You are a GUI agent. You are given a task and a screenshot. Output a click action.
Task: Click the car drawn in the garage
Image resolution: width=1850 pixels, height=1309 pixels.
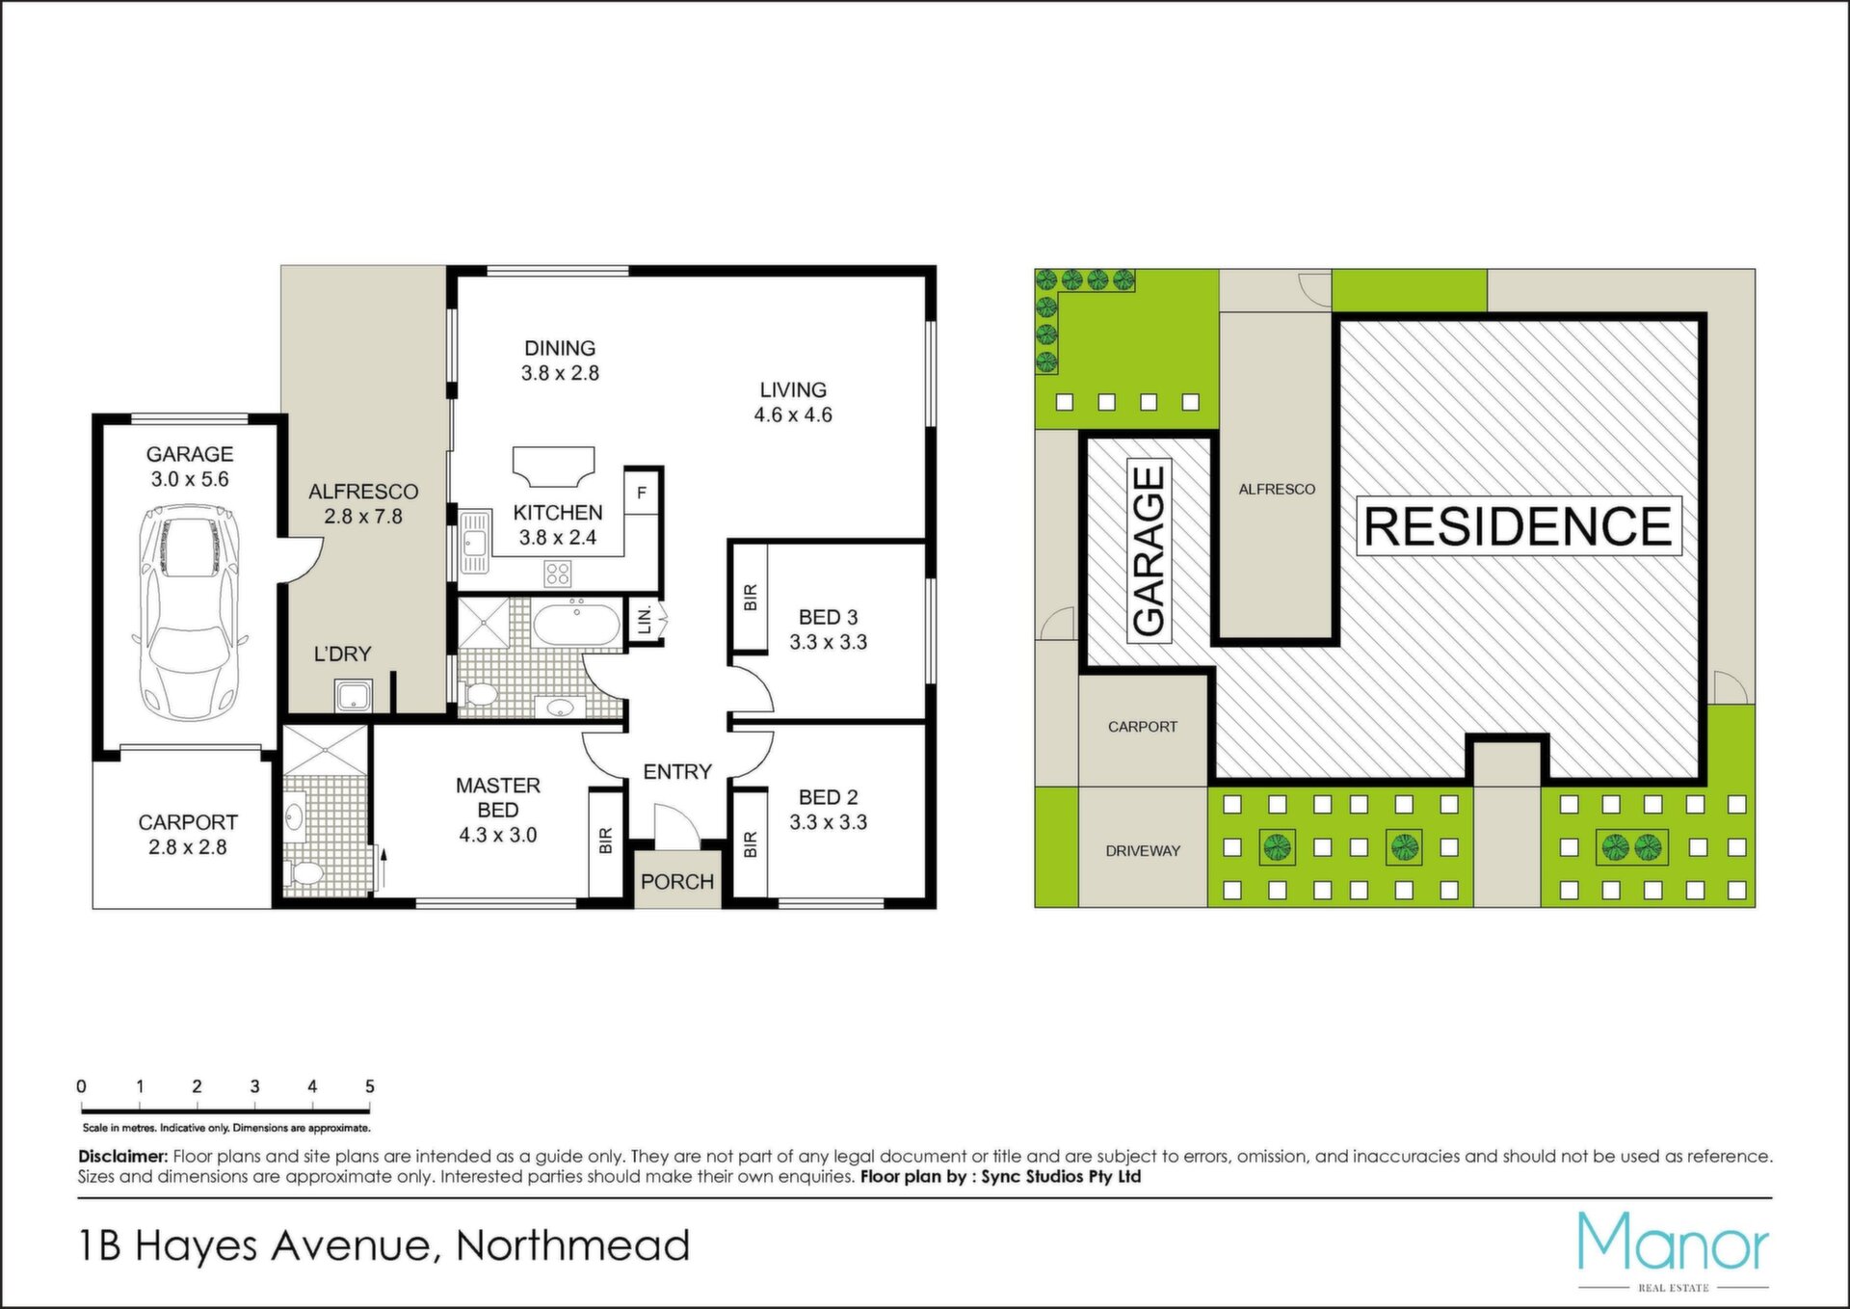pyautogui.click(x=190, y=613)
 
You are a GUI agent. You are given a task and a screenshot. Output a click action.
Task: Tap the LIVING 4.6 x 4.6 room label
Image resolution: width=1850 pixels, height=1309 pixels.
pyautogui.click(x=793, y=402)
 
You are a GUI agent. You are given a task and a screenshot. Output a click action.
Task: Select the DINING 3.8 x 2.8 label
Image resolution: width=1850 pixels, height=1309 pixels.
pyautogui.click(x=560, y=361)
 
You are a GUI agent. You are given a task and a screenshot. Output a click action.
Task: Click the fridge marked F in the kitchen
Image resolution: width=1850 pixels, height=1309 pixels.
pyautogui.click(x=642, y=493)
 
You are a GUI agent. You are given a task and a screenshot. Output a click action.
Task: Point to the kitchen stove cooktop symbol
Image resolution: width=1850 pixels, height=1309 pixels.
pyautogui.click(x=558, y=574)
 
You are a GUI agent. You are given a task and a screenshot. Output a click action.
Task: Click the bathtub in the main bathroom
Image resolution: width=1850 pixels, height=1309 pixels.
pyautogui.click(x=577, y=625)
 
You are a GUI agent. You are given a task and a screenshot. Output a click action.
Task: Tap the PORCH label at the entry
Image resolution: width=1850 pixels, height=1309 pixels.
pyautogui.click(x=677, y=882)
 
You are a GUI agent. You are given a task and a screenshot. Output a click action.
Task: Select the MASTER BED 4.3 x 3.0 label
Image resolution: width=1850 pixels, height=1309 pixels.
pyautogui.click(x=498, y=810)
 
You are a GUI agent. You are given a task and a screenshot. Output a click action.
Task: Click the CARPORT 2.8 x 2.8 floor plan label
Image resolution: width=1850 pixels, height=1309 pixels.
pyautogui.click(x=188, y=835)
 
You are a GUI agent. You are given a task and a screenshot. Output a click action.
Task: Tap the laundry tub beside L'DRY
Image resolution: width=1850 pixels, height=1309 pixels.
pyautogui.click(x=353, y=695)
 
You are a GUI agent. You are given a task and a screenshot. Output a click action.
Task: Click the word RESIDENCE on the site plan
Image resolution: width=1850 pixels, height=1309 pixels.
pyautogui.click(x=1519, y=526)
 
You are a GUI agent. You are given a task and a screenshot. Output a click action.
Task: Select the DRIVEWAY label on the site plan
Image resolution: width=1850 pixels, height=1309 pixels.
pyautogui.click(x=1143, y=851)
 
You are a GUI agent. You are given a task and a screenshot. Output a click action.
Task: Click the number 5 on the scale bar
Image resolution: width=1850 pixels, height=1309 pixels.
pyautogui.click(x=370, y=1086)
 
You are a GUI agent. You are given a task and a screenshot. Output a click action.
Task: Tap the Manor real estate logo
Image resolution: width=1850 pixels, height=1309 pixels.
pyautogui.click(x=1674, y=1251)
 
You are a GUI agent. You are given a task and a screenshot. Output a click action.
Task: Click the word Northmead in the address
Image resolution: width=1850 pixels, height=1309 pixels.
pyautogui.click(x=573, y=1245)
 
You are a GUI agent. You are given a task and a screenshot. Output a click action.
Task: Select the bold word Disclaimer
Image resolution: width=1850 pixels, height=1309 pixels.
pyautogui.click(x=123, y=1156)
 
